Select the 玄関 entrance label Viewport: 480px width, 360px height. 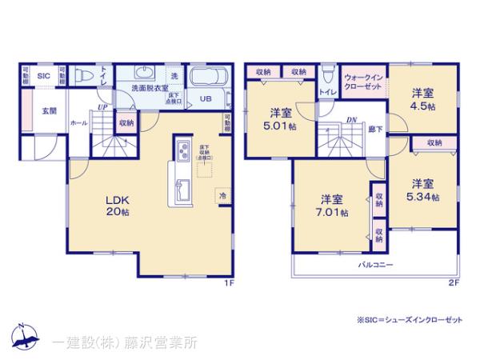pos(49,111)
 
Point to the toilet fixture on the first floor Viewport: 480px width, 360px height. pos(83,76)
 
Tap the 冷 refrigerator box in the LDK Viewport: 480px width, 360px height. pos(221,195)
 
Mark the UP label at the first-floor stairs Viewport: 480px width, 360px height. pos(101,106)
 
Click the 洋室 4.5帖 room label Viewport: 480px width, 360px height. pos(423,98)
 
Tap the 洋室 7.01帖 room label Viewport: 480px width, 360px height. pos(334,205)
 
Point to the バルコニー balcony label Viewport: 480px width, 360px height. pos(374,263)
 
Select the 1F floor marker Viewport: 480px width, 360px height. pos(227,282)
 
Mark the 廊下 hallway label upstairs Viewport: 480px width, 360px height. pos(374,128)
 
